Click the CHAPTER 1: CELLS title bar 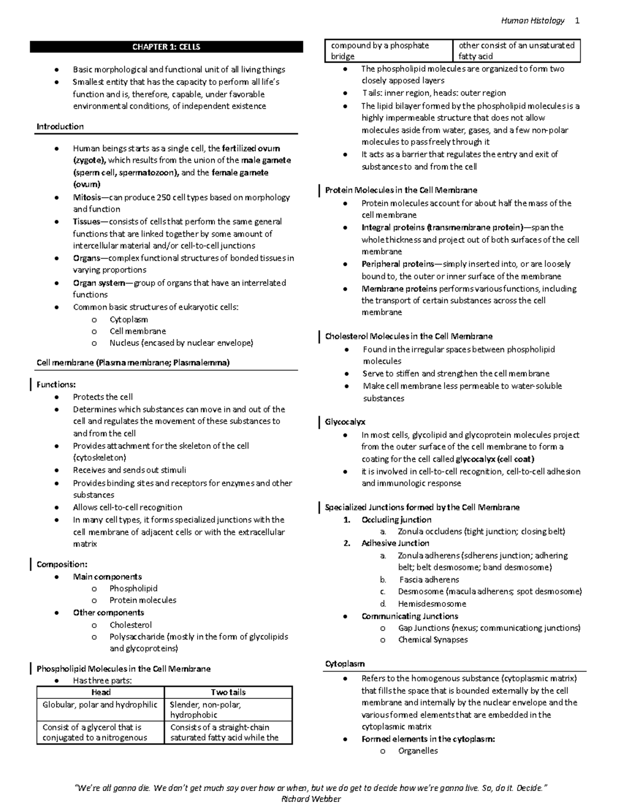click(x=166, y=47)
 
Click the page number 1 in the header click(x=577, y=21)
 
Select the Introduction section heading click(x=60, y=127)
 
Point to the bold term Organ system click(x=99, y=283)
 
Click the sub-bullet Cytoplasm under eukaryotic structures click(x=128, y=319)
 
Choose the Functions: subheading click(x=56, y=384)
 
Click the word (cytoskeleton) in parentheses click(x=99, y=458)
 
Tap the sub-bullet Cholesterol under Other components click(x=130, y=625)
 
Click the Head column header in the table click(x=100, y=692)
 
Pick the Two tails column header click(x=228, y=692)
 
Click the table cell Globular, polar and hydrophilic click(x=100, y=705)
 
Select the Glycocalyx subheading click(x=345, y=422)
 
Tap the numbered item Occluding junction click(x=396, y=520)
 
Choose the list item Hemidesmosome click(x=432, y=604)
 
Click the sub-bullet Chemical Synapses click(x=433, y=639)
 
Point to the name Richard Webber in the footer click(x=310, y=798)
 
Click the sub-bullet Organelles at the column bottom click(x=418, y=751)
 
